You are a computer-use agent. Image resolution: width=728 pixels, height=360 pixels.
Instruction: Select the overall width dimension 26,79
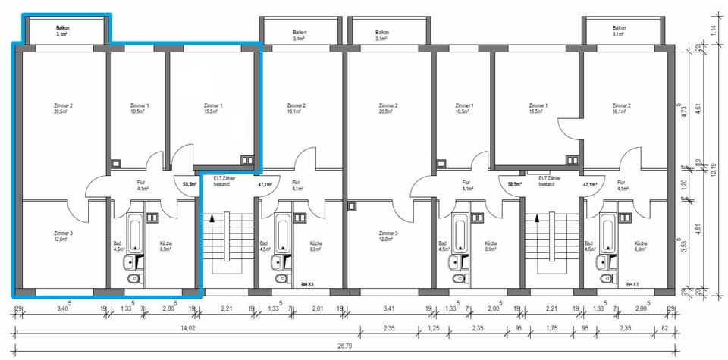click(x=345, y=346)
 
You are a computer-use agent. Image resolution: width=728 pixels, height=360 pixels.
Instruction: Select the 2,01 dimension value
click(x=317, y=309)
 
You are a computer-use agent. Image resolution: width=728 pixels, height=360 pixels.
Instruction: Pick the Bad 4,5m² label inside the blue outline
click(x=118, y=247)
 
